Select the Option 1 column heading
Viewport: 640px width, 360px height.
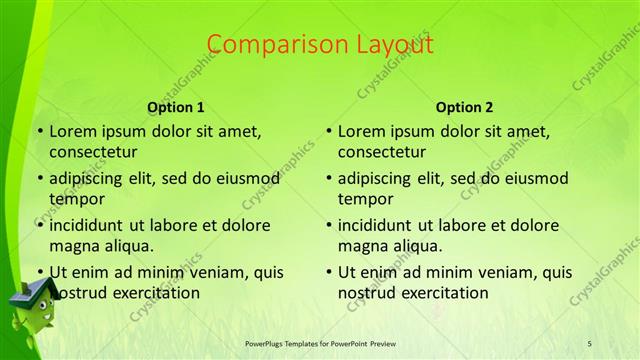coord(176,107)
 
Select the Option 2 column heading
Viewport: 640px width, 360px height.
coord(465,107)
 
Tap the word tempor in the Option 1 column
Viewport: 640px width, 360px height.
coord(75,198)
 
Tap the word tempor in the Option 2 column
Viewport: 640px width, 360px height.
coord(364,198)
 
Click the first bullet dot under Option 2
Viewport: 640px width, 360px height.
coord(329,131)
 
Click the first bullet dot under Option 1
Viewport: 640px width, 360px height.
coord(39,131)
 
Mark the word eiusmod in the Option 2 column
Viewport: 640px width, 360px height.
coord(534,179)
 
